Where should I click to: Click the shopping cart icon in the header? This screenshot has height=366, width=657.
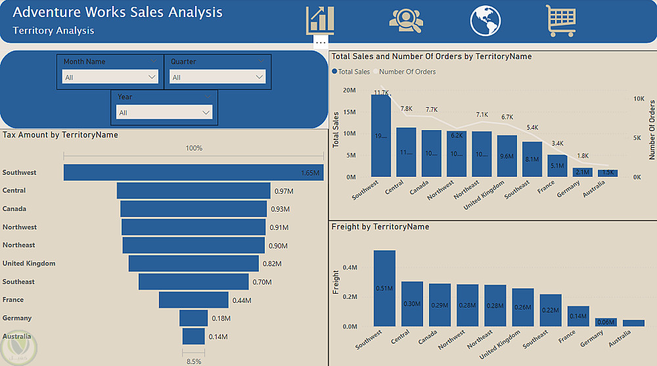pos(560,20)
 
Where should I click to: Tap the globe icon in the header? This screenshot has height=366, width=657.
pos(486,20)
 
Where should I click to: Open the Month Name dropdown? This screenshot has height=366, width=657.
pos(110,77)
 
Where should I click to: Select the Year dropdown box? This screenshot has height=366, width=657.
pos(164,112)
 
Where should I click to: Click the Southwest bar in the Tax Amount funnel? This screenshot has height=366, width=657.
pos(193,172)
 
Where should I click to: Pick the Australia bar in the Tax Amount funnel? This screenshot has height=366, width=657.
pos(194,336)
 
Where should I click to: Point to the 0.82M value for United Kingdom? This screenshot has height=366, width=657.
pos(272,263)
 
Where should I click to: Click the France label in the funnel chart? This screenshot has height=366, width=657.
pos(13,300)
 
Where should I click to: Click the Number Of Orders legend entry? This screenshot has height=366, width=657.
pos(407,72)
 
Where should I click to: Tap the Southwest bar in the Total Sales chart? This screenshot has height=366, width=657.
pos(382,135)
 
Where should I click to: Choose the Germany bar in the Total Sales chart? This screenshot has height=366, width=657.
pos(582,172)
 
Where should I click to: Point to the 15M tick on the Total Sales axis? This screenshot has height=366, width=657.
pos(350,112)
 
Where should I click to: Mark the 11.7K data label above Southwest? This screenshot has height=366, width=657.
pos(382,93)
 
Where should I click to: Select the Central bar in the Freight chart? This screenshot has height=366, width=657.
pos(412,304)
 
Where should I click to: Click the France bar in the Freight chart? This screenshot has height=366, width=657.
pos(560,316)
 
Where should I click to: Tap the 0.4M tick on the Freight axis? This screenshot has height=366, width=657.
pos(350,267)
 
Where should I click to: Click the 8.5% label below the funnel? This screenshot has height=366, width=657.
pos(193,361)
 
